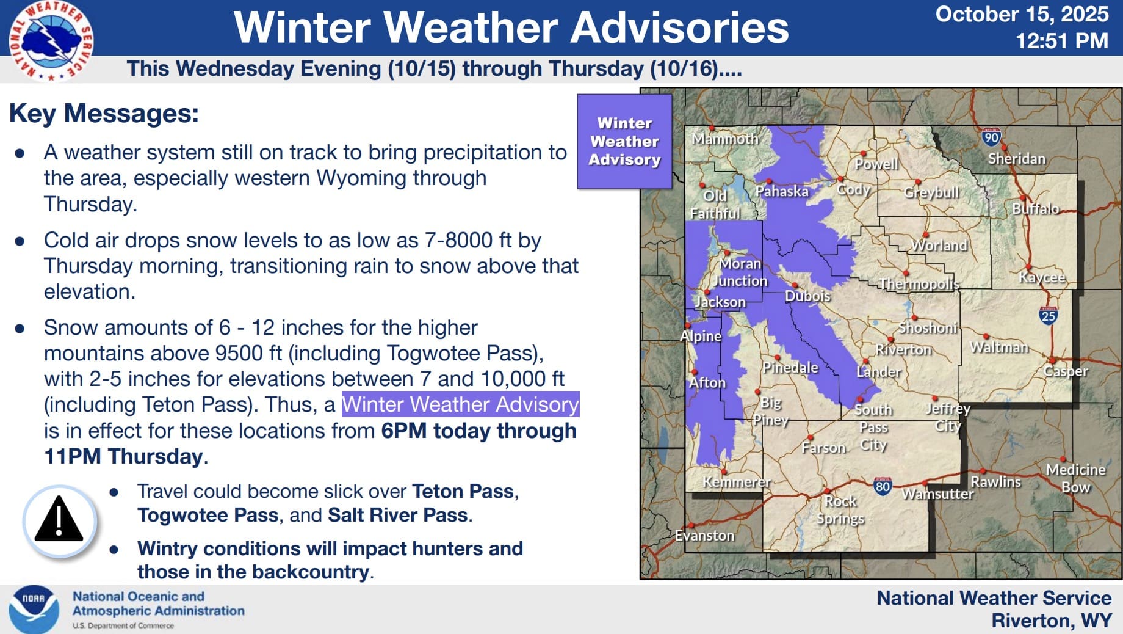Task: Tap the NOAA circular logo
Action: click(34, 608)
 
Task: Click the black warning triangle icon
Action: click(59, 520)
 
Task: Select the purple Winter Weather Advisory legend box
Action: click(624, 141)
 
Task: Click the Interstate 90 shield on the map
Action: click(991, 137)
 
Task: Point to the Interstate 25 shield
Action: click(1048, 315)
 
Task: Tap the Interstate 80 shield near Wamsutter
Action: click(883, 486)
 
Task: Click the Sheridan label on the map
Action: click(1016, 159)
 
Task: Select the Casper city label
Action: click(1066, 371)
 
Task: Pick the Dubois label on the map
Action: click(807, 296)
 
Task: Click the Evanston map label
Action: click(704, 536)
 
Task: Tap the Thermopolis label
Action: click(919, 284)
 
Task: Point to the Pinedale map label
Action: click(790, 367)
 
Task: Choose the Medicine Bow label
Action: click(1075, 478)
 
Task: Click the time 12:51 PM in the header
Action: click(1061, 41)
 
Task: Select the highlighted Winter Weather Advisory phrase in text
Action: click(460, 404)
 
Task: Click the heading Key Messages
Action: click(104, 114)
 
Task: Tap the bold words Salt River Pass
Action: click(397, 515)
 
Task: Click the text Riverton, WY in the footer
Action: click(1051, 621)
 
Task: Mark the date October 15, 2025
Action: click(1022, 14)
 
